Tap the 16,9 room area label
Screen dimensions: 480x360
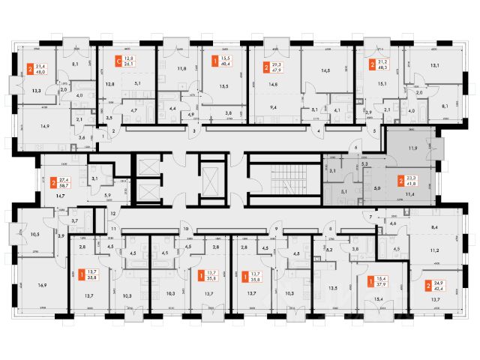pos(41,285)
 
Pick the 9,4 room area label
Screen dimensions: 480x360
pos(274,106)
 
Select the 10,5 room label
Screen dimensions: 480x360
pos(34,234)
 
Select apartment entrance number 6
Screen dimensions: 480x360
pos(357,148)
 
